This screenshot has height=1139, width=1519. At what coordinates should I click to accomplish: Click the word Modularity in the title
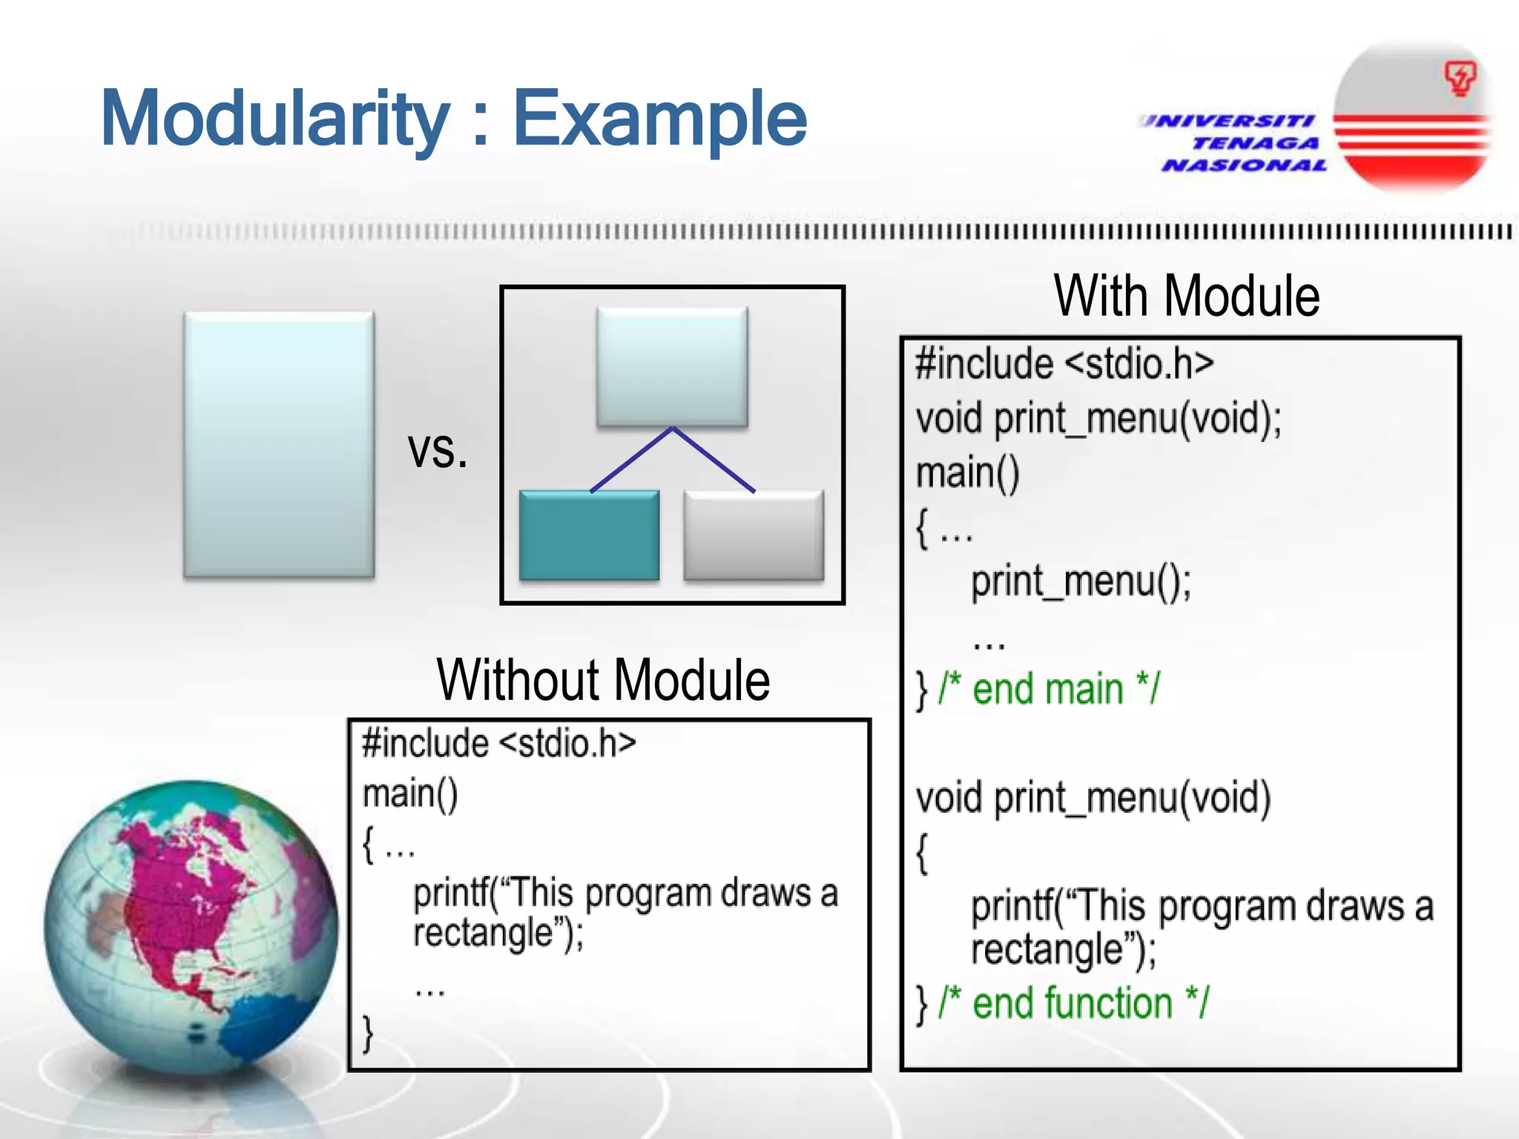274,119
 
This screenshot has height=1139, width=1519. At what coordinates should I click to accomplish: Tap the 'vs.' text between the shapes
438,449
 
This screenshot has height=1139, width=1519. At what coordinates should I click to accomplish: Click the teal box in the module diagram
589,535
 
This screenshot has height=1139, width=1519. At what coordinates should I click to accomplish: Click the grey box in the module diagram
753,535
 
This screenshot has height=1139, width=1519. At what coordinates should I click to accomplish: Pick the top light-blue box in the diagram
672,366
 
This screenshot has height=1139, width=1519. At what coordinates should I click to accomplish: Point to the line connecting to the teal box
630,460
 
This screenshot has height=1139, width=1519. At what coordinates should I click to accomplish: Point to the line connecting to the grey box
714,460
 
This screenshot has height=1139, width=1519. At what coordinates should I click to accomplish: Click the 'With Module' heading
1187,297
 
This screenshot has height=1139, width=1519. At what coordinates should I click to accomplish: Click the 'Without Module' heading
603,680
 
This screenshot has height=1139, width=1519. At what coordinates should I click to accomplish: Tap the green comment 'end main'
1048,690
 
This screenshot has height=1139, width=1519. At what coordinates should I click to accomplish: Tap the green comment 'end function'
1073,1003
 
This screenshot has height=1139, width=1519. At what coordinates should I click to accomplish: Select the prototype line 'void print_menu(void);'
1098,419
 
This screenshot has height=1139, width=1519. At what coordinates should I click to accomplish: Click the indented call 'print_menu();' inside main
1081,581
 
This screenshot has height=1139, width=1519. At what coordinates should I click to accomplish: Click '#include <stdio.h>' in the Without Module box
498,744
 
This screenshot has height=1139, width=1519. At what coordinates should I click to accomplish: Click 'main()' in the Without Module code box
410,794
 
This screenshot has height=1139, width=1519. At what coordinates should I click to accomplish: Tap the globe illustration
191,927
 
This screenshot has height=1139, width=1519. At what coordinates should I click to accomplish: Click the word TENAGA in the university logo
1255,143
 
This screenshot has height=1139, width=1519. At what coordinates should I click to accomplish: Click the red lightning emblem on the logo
1460,78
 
